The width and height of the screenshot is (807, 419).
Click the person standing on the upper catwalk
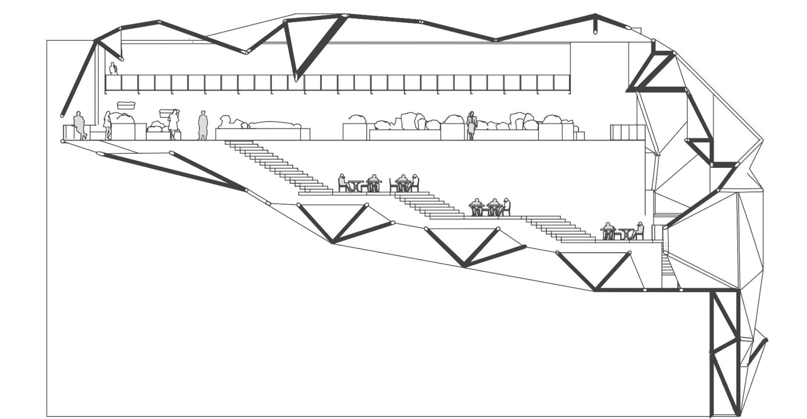point(113,69)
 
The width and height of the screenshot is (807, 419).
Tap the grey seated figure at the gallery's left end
point(79,125)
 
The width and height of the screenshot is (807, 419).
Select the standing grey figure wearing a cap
point(203,125)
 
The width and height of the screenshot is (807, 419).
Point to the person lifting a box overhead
point(174,123)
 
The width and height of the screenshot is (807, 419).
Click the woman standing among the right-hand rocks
point(471,125)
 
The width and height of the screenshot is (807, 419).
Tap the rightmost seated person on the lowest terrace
point(638,231)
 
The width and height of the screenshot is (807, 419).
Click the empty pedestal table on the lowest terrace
point(626,234)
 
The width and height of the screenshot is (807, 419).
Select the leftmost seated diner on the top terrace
point(343,182)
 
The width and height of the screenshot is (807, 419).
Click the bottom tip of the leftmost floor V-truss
point(332,243)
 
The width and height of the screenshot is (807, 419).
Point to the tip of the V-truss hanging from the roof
point(296,78)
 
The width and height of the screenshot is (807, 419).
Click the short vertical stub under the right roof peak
point(595,28)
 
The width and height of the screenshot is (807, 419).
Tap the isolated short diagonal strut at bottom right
point(757,351)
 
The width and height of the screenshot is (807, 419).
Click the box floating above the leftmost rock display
point(126,106)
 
